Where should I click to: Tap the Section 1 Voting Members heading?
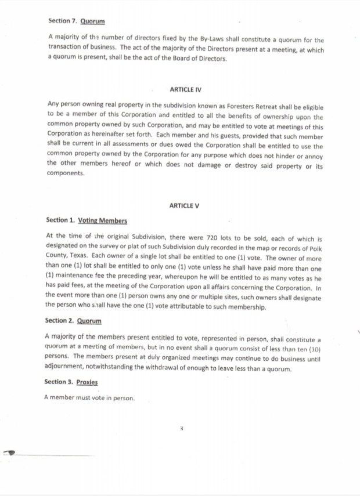point(86,220)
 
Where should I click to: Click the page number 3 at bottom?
point(182,430)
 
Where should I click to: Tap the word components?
point(65,172)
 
